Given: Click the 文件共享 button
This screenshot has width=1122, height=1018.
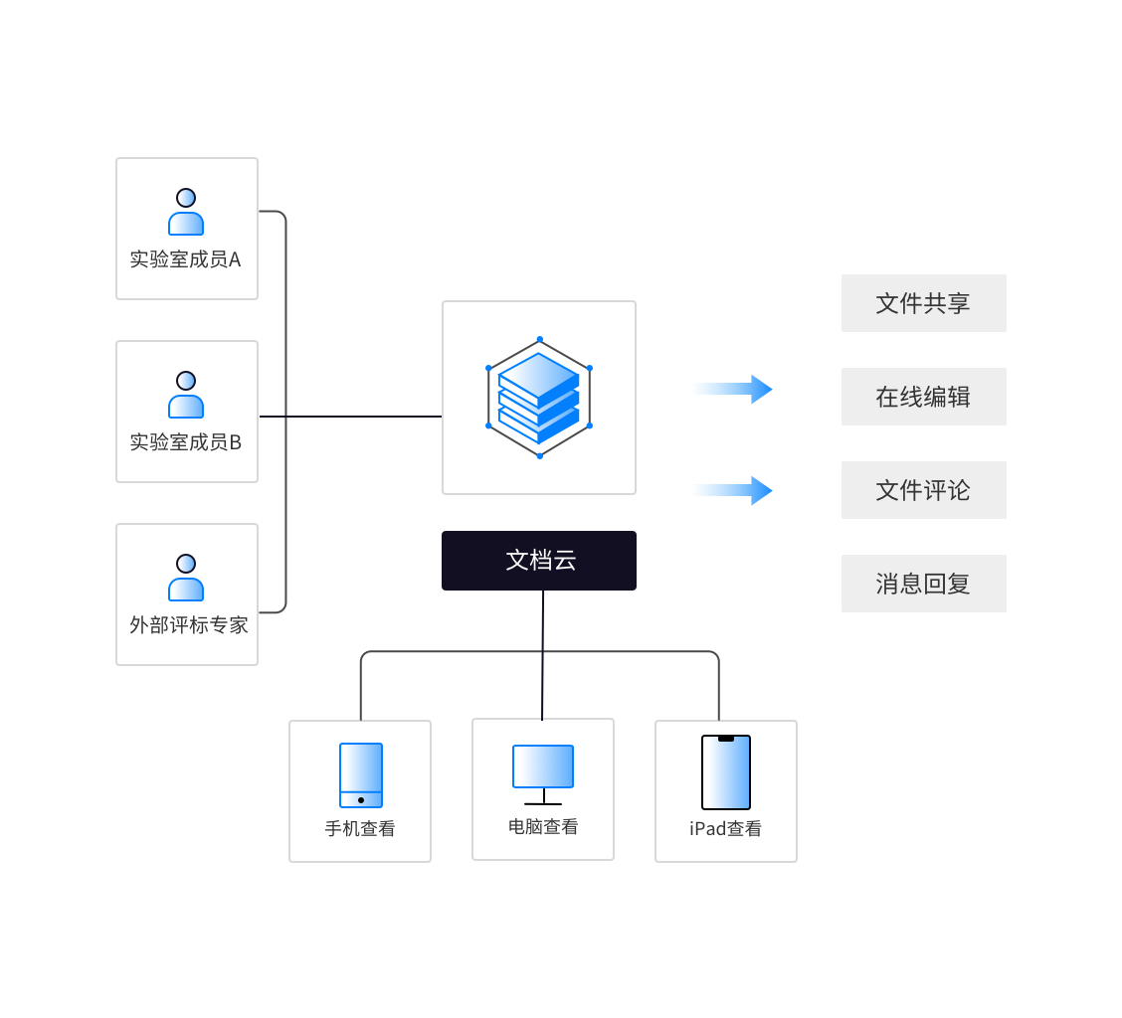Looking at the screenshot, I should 923,303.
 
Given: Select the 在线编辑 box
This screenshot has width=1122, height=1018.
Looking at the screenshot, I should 923,397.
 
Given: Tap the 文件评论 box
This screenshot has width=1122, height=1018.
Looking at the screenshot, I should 923,490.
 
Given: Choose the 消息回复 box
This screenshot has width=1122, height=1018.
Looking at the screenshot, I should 923,584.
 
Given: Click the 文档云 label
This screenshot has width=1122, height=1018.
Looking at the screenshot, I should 539,561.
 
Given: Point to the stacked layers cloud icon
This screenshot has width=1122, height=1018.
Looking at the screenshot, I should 539,398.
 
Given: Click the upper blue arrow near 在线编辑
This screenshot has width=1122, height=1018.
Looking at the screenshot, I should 732,389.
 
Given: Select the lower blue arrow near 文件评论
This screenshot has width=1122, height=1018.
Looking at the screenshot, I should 732,490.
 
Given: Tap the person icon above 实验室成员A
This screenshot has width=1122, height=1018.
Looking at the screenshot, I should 186,212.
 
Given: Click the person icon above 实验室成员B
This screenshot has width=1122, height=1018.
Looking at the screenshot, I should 186,395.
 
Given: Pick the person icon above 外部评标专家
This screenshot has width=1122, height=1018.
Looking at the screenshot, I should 186,578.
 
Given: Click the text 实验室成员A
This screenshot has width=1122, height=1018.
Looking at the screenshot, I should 186,260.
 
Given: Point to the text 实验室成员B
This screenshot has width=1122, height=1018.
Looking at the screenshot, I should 186,442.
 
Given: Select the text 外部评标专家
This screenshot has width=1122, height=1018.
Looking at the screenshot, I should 188,625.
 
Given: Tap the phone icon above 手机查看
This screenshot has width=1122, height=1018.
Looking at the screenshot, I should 360,775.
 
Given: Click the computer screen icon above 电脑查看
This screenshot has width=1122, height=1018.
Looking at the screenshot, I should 543,766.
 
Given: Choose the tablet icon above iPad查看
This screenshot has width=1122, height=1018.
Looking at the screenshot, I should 726,772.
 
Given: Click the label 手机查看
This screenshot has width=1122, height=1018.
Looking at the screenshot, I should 360,828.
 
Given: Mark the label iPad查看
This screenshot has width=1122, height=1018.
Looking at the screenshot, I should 726,828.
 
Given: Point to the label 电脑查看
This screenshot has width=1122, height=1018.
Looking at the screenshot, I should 543,826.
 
